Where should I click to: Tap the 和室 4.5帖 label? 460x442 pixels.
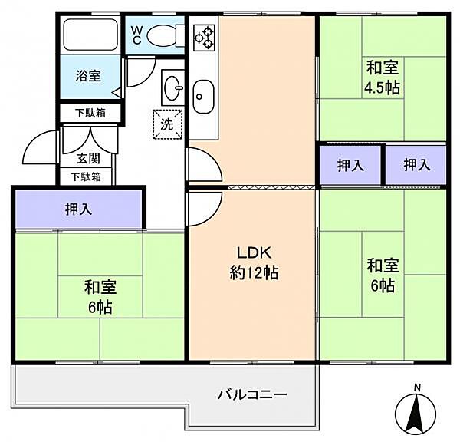[x=381, y=76]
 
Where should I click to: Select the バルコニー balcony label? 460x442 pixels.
[x=251, y=395]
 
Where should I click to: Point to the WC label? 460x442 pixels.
[x=136, y=35]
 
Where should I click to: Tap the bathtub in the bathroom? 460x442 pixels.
[x=90, y=35]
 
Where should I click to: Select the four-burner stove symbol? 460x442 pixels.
[x=204, y=35]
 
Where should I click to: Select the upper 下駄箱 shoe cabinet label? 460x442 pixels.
[x=90, y=114]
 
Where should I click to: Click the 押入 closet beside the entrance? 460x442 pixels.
[x=79, y=208]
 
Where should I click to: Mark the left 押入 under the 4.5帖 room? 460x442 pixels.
[x=350, y=164]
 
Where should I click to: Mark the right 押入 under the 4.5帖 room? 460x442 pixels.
[x=416, y=164]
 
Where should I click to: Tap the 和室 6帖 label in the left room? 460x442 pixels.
[x=100, y=297]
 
